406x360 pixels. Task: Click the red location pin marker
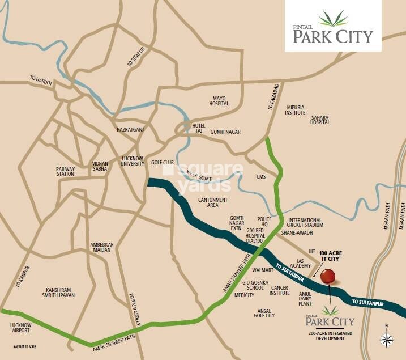point(327,277)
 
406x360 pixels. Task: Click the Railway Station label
point(65,171)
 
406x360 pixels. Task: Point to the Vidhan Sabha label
point(100,167)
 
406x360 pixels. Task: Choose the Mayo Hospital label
point(219,101)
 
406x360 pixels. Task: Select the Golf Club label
point(162,162)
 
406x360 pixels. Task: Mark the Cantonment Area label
point(213,202)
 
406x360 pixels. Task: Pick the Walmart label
point(263,270)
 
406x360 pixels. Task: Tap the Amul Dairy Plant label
point(305,298)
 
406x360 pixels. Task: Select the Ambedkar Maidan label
point(102,248)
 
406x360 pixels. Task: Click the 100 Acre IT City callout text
point(331,255)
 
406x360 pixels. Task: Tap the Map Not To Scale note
point(24,346)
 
